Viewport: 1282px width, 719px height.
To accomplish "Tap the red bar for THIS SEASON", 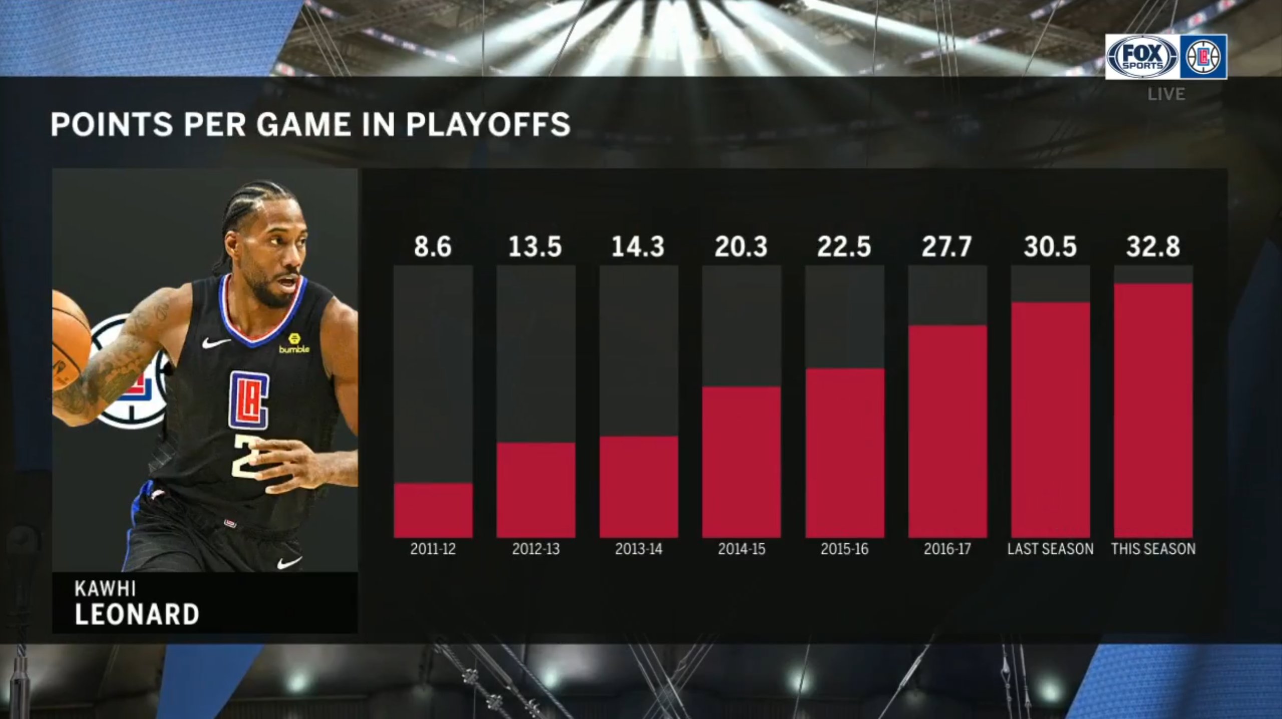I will (1153, 411).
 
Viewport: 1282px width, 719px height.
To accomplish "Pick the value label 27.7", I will (946, 247).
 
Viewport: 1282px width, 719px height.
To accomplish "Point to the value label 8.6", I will (433, 247).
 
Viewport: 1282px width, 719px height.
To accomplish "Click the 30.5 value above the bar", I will (1050, 247).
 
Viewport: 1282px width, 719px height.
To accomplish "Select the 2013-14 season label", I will (638, 549).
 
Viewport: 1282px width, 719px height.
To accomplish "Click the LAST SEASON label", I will (1050, 549).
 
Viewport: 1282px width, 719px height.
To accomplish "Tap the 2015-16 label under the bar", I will (844, 549).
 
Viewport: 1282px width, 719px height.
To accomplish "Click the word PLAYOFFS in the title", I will (488, 124).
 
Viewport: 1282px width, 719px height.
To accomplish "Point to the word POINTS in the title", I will (112, 124).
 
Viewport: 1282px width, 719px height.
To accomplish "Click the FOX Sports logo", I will (1142, 57).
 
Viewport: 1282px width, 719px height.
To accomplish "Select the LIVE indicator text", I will (1166, 94).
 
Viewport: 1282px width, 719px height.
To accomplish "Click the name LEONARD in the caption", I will (137, 614).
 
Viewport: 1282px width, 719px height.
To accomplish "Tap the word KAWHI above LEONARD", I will (105, 588).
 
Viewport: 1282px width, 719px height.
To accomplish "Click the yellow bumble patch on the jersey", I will (294, 343).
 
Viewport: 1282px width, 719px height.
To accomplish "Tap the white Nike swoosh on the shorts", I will (289, 562).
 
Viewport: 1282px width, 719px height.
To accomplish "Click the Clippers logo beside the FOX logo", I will (1203, 57).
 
